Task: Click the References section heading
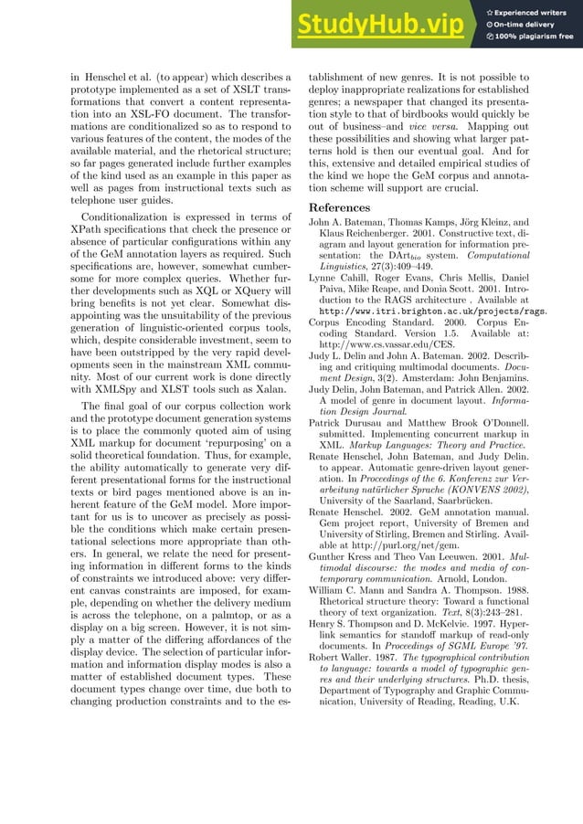[340, 207]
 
